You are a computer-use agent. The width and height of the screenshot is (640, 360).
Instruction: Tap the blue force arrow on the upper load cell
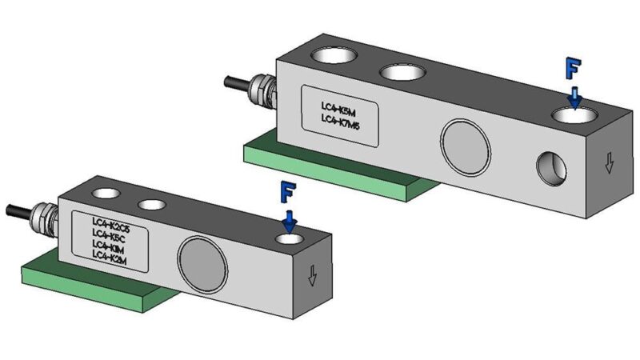[x=574, y=97]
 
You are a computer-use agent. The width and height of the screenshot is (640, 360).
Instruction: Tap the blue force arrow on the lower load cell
[x=290, y=218]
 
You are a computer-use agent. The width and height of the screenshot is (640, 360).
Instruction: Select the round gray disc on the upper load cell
[x=465, y=143]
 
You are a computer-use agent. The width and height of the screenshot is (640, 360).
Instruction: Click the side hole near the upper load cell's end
[x=551, y=166]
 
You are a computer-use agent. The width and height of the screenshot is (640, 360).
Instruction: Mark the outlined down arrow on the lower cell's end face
[x=313, y=275]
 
